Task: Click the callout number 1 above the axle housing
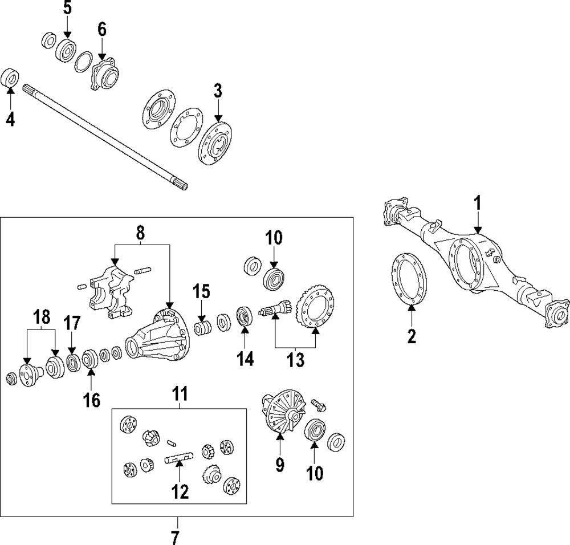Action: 478,203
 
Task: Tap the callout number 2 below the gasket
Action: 412,336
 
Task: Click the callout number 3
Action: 218,91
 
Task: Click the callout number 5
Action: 68,9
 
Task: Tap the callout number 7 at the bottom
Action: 175,536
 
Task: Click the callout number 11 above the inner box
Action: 180,394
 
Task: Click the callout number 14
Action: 246,359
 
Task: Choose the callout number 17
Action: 72,324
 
